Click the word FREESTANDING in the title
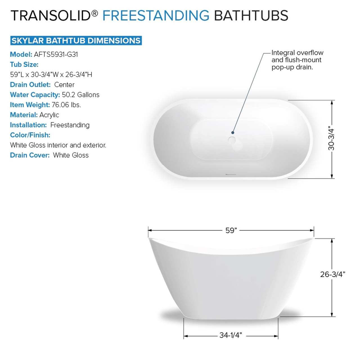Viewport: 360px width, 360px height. [x=156, y=15]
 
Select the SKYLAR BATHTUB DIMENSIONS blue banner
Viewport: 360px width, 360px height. [x=76, y=40]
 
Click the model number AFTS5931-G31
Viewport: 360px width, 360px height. [x=56, y=54]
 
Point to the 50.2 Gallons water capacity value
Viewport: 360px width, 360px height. [x=81, y=95]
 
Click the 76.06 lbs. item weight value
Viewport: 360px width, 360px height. [x=66, y=105]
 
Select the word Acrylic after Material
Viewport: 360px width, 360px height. [x=49, y=115]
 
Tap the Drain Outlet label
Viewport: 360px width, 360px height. [x=30, y=85]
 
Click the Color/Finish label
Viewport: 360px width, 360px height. [x=30, y=135]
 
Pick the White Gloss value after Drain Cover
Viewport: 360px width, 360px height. [x=71, y=155]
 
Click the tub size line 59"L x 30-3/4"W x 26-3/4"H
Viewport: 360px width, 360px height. [x=51, y=75]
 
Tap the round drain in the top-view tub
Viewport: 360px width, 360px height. [x=232, y=139]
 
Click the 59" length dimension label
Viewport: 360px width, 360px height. [x=231, y=231]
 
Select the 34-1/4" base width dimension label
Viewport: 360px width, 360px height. [x=231, y=335]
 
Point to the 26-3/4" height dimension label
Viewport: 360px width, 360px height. [x=333, y=274]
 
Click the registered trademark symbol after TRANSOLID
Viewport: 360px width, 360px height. [x=95, y=13]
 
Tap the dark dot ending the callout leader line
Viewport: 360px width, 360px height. [x=233, y=133]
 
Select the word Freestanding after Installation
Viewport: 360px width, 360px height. [x=70, y=125]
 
